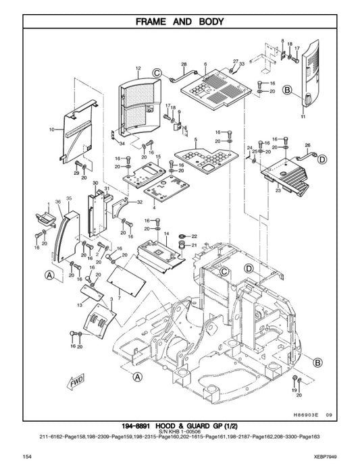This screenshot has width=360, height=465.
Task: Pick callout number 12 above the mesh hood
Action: (138, 69)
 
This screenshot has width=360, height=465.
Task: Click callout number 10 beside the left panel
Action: (51, 128)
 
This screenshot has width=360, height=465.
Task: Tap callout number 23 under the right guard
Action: (278, 191)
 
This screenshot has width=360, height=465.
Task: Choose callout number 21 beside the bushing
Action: (195, 245)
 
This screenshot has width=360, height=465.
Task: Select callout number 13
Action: (79, 306)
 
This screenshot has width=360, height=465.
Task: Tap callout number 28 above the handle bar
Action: (183, 64)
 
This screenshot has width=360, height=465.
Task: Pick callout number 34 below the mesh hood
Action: (122, 144)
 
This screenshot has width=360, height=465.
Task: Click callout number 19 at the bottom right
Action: (294, 391)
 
